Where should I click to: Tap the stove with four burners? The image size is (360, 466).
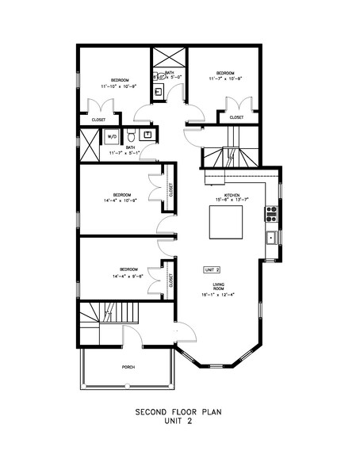tap(271, 213)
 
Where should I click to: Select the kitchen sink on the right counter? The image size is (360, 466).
tap(271, 237)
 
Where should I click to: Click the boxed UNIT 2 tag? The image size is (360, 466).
tap(211, 269)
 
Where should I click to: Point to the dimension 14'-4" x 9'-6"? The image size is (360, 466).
tap(122, 277)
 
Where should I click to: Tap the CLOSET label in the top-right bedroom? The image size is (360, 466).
tap(236, 117)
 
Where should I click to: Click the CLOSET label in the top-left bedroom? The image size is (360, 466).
tap(98, 120)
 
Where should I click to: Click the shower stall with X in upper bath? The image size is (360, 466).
tap(168, 59)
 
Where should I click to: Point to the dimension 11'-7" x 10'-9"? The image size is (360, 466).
tap(225, 78)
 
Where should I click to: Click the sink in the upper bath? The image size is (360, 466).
tap(158, 91)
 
